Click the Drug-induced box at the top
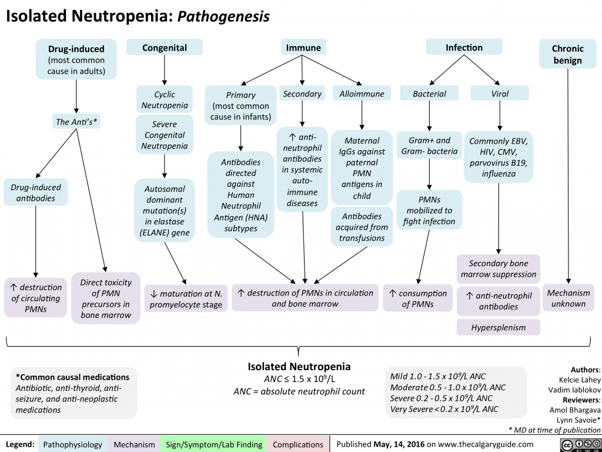[x=76, y=59]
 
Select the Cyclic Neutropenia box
[x=165, y=100]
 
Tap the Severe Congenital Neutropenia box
[x=165, y=135]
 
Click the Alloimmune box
[x=362, y=94]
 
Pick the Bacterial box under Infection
[x=429, y=94]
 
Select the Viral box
[x=499, y=94]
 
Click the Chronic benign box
[x=567, y=54]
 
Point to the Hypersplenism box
[x=499, y=327]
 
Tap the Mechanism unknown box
[x=568, y=298]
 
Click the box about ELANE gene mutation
[x=165, y=210]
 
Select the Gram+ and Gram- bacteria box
[x=429, y=146]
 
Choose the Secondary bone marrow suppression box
[x=499, y=269]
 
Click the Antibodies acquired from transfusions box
[x=362, y=227]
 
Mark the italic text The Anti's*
[x=76, y=122]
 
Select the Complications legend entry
[x=298, y=444]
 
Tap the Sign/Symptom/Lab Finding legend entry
[x=214, y=444]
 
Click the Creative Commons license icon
[x=584, y=444]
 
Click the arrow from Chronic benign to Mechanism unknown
[x=568, y=177]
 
